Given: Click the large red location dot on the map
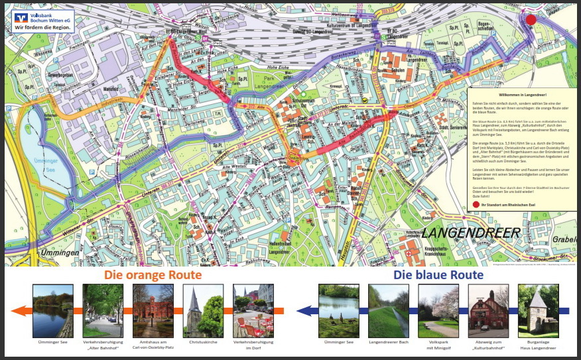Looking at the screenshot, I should pyautogui.click(x=531, y=19).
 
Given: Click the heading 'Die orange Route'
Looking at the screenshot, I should pyautogui.click(x=153, y=274).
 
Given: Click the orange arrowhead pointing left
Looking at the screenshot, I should pyautogui.click(x=19, y=310).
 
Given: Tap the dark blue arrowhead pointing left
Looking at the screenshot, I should pyautogui.click(x=304, y=310).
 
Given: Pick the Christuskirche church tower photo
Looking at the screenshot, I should pyautogui.click(x=203, y=310).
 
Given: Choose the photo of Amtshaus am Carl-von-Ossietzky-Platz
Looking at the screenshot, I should pyautogui.click(x=153, y=310).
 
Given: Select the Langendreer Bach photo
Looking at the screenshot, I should pyautogui.click(x=388, y=310).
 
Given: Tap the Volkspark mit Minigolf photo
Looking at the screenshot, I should pyautogui.click(x=438, y=310).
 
